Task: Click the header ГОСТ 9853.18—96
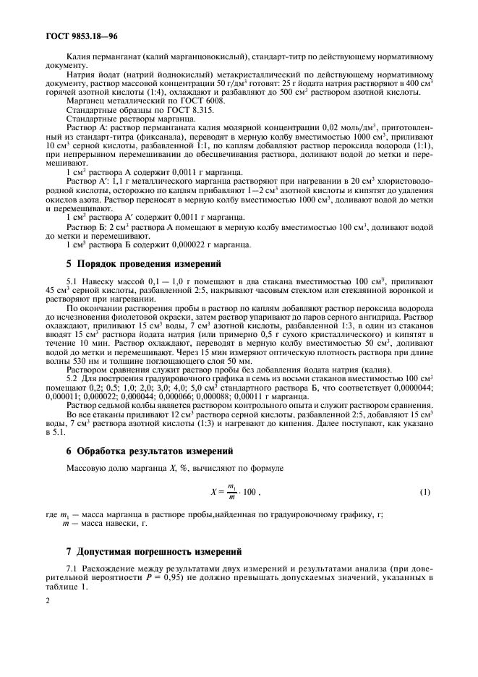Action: click(x=71, y=35)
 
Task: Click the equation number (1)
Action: click(x=425, y=493)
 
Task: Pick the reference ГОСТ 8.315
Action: click(x=176, y=109)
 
